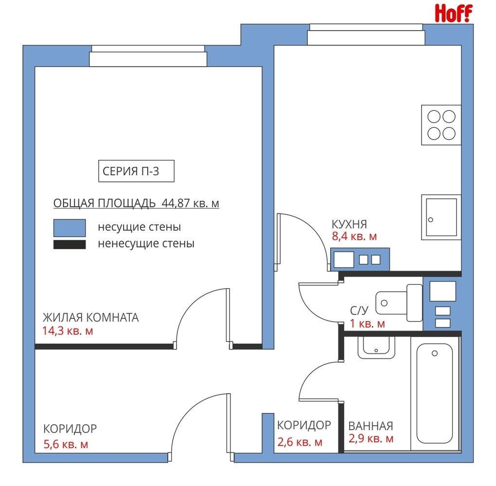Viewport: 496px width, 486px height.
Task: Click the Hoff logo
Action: click(x=454, y=13)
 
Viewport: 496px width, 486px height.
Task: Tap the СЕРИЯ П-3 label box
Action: click(x=136, y=171)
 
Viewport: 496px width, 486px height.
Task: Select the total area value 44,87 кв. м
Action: click(x=190, y=203)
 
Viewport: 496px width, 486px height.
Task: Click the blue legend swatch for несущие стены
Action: click(x=70, y=228)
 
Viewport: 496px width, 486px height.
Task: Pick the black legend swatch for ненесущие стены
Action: click(x=70, y=245)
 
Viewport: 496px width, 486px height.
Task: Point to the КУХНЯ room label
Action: click(x=349, y=224)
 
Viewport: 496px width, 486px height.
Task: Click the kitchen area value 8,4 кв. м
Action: click(x=354, y=237)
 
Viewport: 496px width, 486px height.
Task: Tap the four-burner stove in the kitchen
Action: click(x=441, y=125)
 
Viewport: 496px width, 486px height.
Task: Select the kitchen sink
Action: click(x=441, y=217)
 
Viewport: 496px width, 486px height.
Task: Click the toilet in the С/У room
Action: click(x=399, y=303)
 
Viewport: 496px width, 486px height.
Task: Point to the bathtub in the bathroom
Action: click(x=435, y=393)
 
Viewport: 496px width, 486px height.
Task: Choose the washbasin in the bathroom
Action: click(x=376, y=347)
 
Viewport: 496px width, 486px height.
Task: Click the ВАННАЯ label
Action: click(x=371, y=426)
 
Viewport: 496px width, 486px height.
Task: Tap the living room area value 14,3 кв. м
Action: click(x=68, y=331)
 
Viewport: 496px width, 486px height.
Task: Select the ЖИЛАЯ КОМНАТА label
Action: click(x=91, y=317)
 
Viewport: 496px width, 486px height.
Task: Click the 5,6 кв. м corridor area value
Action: click(x=66, y=444)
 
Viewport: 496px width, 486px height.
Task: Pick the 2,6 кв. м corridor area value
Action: click(x=300, y=442)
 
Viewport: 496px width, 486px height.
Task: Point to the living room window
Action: click(x=148, y=56)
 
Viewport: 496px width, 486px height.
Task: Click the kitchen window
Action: click(x=366, y=35)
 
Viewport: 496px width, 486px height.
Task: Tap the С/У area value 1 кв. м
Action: click(x=367, y=324)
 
